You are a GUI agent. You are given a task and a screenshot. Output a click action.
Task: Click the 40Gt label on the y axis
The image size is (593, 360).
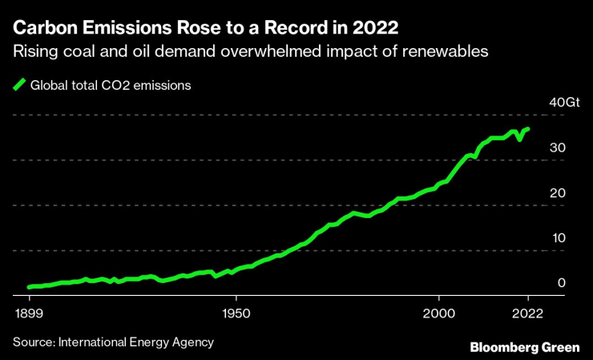pos(563,103)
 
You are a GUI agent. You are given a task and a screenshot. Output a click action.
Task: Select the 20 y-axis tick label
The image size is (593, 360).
pos(558,193)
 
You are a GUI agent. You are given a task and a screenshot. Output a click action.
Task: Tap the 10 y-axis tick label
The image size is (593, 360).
pos(558,238)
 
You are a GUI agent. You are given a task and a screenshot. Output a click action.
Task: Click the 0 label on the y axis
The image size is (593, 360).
pos(562,283)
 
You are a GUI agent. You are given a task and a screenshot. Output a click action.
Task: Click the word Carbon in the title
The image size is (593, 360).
pos(41,27)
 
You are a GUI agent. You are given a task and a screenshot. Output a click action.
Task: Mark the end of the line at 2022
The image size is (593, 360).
pos(527,128)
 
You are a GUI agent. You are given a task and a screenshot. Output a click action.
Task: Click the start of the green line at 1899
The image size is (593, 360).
pos(29,286)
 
